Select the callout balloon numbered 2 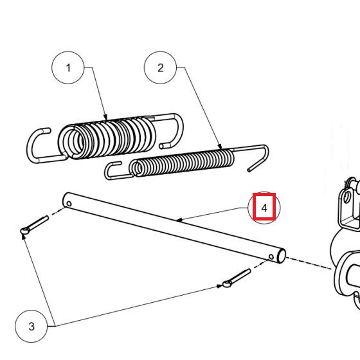[x=161, y=67]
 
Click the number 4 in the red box [x=264, y=208]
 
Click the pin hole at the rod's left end [x=68, y=204]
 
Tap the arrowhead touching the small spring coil [x=221, y=148]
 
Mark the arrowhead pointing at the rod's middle [x=179, y=221]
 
